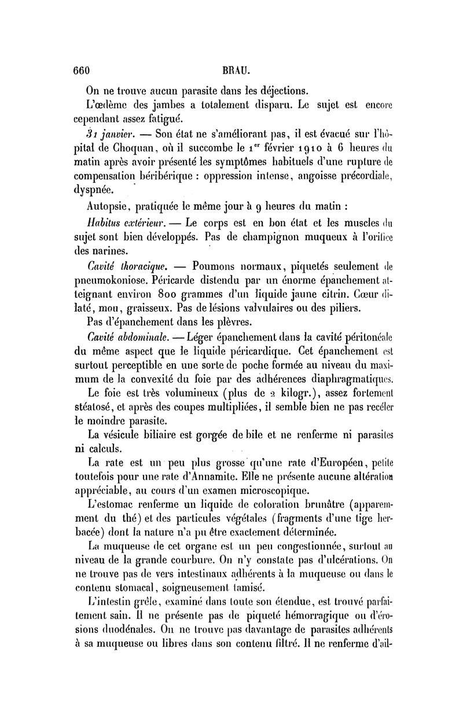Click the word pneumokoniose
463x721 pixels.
[120, 280]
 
